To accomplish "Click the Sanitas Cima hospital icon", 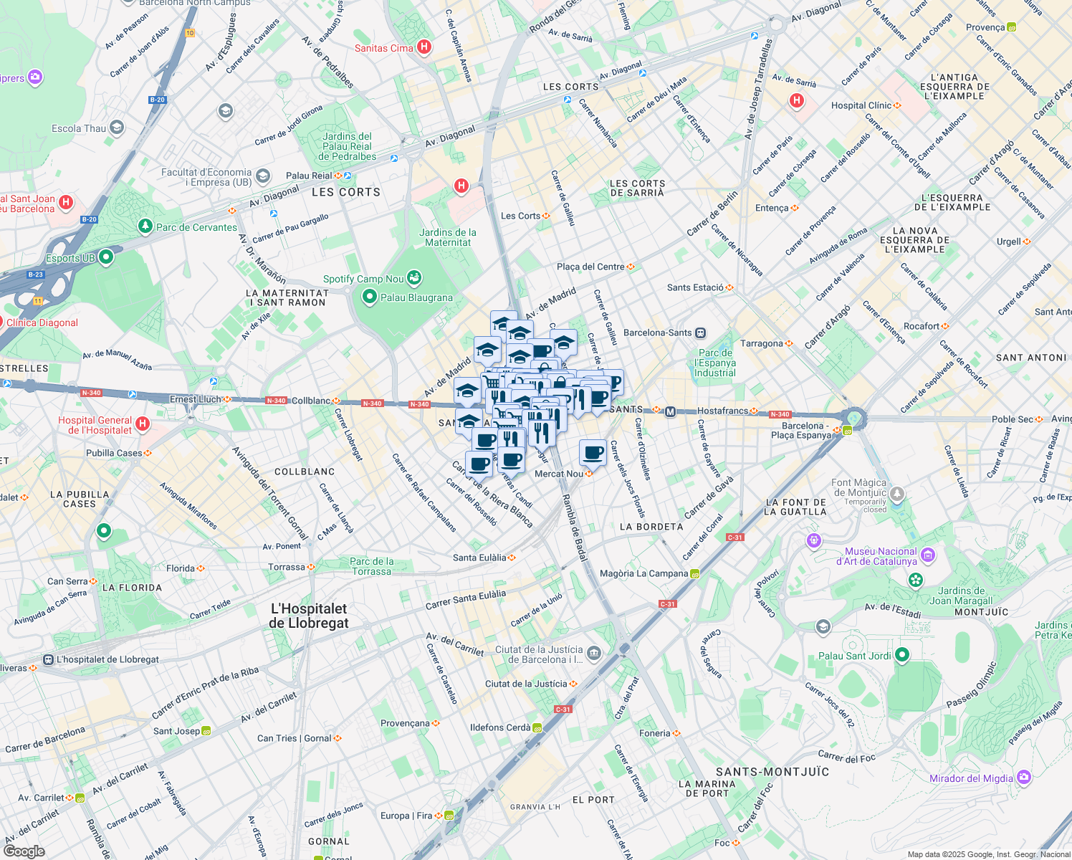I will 424,47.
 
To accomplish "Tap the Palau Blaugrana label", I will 416,297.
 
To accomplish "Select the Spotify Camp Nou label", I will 363,279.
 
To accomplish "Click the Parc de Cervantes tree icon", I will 145,226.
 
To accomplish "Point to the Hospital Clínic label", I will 861,105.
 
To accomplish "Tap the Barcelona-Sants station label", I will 657,333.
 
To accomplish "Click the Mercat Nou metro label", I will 559,474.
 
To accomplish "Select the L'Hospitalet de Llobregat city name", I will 309,616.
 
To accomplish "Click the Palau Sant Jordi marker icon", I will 902,655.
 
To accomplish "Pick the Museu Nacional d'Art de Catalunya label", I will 881,556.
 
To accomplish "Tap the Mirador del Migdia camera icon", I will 1024,777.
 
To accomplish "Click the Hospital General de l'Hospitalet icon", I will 143,424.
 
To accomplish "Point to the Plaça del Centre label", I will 590,267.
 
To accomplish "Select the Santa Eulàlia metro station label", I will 479,558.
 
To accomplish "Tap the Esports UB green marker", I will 106,257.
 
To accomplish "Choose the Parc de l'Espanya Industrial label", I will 715,363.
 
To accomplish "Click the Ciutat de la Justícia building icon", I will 593,653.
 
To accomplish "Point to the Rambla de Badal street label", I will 574,527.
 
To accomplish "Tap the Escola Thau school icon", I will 117,128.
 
